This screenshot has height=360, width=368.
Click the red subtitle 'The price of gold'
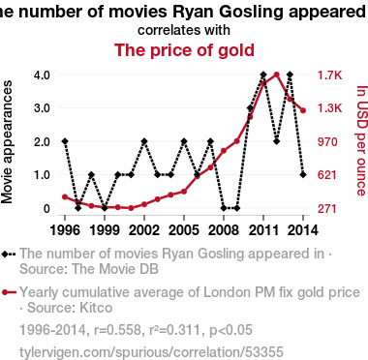(x=184, y=50)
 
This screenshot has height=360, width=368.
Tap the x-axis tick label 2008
(x=224, y=230)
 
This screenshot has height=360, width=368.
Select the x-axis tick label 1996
(x=65, y=230)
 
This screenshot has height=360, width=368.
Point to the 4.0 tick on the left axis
(x=42, y=75)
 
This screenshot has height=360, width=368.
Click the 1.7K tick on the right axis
(x=329, y=75)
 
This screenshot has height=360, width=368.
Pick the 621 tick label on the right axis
(x=327, y=175)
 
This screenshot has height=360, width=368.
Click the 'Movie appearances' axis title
(x=7, y=142)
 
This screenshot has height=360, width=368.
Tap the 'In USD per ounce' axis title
(x=362, y=140)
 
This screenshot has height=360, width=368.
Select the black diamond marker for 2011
(x=263, y=75)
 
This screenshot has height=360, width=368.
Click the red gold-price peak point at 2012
(x=276, y=75)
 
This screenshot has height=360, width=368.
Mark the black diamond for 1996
(x=65, y=141)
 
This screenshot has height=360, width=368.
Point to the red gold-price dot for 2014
(x=303, y=110)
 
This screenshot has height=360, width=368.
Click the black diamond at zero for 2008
(x=224, y=208)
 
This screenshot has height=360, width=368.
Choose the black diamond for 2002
(x=144, y=141)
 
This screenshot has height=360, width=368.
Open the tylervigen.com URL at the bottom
(x=151, y=352)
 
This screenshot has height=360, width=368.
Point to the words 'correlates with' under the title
(x=184, y=30)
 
